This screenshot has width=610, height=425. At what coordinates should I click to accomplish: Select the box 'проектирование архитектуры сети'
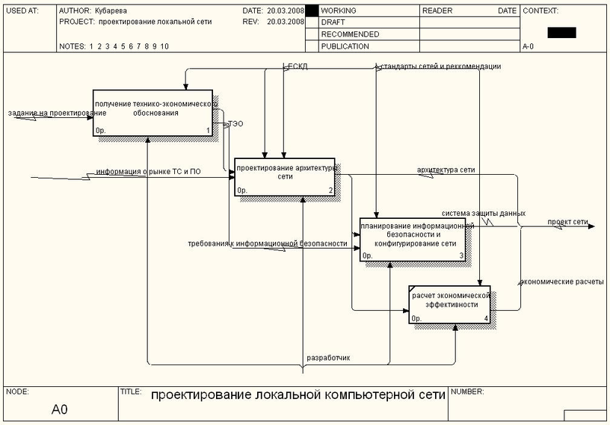[284, 177]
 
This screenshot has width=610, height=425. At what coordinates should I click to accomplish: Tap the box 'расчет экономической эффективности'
[449, 305]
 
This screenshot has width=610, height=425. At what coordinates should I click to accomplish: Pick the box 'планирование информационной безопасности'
[412, 239]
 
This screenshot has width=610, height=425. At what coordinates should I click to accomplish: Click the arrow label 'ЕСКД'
[298, 66]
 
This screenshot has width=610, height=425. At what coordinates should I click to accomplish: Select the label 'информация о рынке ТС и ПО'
[148, 172]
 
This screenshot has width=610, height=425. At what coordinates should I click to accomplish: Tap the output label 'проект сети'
[567, 222]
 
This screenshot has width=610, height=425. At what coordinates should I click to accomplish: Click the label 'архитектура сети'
[446, 170]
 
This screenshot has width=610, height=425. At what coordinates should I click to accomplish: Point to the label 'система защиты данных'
[483, 213]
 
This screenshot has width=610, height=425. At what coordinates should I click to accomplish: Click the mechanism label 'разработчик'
[328, 357]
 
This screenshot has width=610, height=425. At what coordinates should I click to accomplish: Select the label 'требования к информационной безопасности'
[268, 243]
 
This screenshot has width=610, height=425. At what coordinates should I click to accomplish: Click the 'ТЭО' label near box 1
[235, 124]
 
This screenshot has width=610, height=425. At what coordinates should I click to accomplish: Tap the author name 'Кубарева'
[111, 11]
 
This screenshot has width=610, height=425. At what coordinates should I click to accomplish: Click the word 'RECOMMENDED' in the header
[350, 34]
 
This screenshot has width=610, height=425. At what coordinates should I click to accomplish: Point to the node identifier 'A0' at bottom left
[60, 409]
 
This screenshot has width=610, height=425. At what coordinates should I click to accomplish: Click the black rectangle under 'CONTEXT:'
[561, 33]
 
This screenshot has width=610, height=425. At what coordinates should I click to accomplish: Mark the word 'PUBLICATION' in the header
[345, 46]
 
